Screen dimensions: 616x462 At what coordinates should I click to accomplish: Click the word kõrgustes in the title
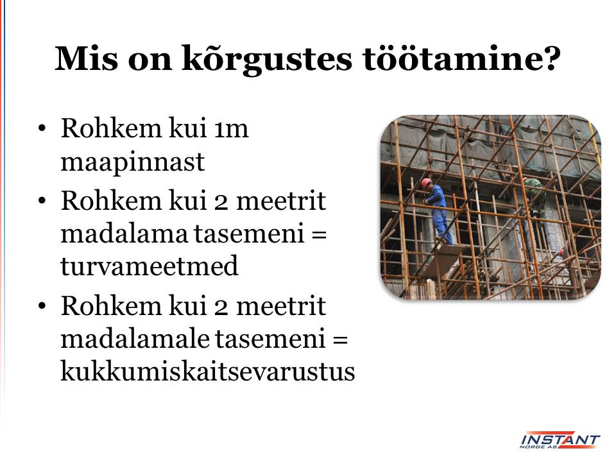(x=267, y=60)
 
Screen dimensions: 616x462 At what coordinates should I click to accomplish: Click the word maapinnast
(x=133, y=162)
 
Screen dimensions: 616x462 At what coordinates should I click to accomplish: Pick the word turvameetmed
(x=150, y=266)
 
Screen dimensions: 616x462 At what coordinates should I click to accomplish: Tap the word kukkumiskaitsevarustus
(x=208, y=370)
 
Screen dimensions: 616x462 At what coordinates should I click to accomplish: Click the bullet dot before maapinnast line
(x=42, y=129)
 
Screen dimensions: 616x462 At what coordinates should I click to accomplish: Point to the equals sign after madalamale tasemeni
(x=340, y=339)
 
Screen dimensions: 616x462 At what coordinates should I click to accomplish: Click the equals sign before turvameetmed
(x=319, y=234)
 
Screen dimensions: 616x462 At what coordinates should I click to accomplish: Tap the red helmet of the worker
(x=426, y=183)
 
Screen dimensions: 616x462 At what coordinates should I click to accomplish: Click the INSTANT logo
(x=560, y=440)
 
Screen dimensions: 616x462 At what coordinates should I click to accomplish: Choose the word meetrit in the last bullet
(x=281, y=306)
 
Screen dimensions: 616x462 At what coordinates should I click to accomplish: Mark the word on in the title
(x=150, y=61)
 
